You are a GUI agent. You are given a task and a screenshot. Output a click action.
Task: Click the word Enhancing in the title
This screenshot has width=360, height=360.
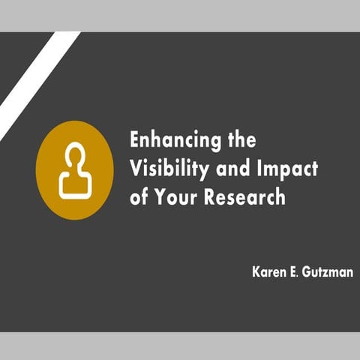point(169,140)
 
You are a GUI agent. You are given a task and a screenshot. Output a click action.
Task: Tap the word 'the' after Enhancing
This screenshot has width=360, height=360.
point(240,140)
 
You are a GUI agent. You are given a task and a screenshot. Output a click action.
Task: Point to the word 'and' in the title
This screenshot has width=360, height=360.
point(232,169)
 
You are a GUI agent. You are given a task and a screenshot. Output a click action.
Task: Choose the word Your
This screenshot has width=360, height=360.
point(176,198)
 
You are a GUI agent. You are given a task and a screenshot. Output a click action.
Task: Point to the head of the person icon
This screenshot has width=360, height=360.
point(75,155)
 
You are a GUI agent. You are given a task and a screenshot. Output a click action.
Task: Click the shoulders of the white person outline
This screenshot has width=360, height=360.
point(75,184)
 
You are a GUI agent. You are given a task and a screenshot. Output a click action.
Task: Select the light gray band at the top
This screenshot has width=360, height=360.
point(180,15)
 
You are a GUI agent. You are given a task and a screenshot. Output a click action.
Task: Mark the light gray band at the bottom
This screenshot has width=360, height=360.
point(180,346)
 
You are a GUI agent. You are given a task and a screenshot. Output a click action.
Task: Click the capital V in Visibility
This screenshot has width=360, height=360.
point(135,169)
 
